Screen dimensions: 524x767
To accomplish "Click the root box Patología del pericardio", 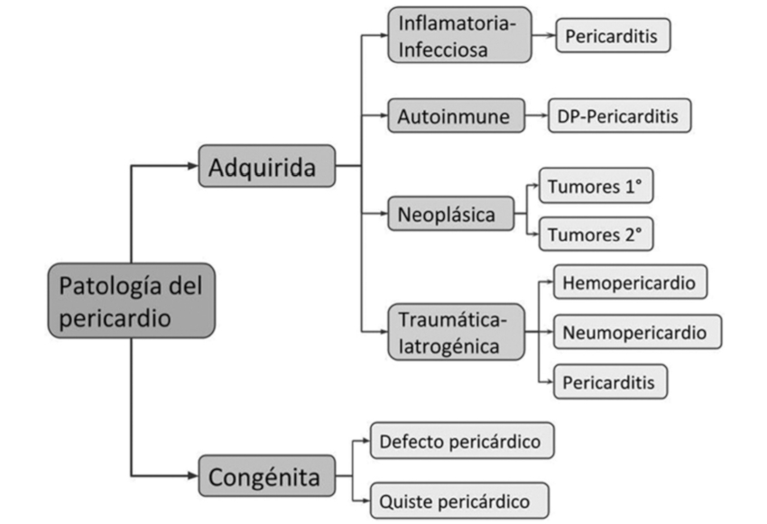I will [131, 301].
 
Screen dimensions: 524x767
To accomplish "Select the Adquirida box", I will [266, 166].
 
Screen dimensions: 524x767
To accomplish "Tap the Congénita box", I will [266, 476].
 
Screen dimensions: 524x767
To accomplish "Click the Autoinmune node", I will [457, 115].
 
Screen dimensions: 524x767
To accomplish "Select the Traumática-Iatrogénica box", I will [457, 332].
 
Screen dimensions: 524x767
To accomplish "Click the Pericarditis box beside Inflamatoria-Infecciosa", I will [613, 35].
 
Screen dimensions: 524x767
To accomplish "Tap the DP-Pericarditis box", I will [620, 115].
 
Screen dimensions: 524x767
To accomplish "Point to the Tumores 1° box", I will [596, 187].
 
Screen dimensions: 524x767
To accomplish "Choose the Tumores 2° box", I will [596, 234].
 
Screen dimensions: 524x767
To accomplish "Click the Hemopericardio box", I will [629, 282].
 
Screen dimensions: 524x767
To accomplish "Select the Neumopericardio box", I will [637, 331].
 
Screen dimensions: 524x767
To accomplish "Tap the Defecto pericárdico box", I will [461, 441].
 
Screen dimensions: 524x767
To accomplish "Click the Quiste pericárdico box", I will [459, 498].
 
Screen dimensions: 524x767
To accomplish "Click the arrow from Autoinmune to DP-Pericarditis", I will [536, 115].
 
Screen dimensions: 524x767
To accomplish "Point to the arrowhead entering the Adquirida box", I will [192, 166].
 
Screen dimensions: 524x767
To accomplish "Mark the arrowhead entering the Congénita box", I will [192, 476].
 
